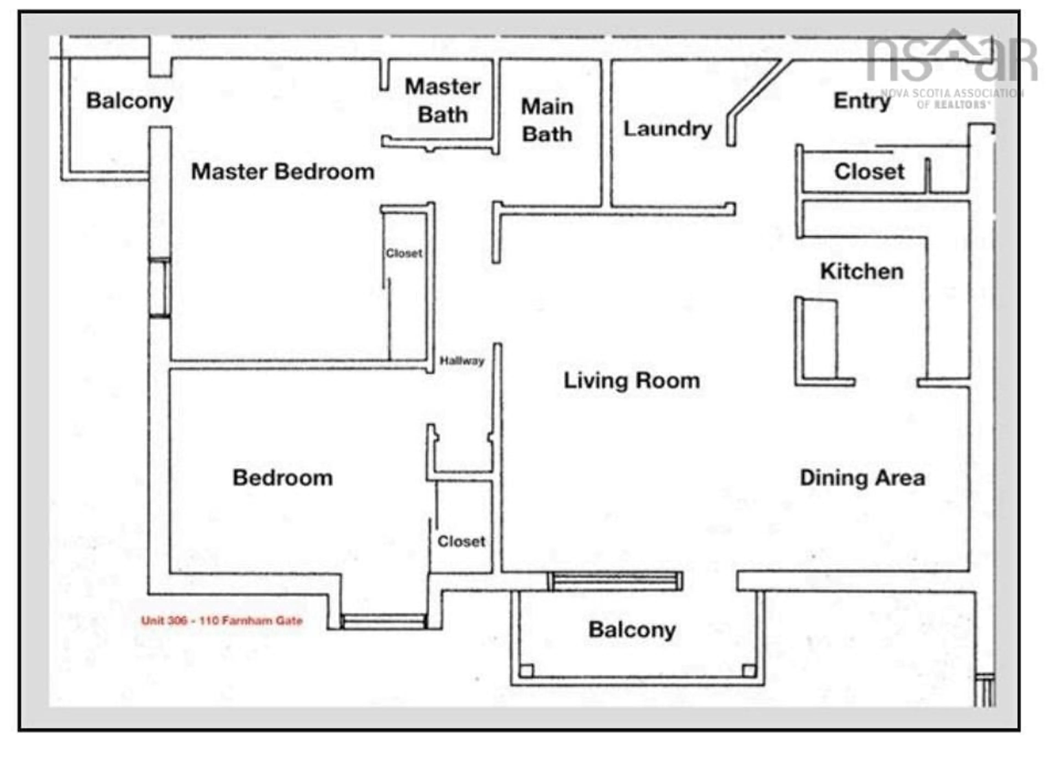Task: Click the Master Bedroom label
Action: (x=283, y=172)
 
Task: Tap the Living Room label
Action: (x=632, y=381)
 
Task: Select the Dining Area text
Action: (x=862, y=478)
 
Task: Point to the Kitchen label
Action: (x=862, y=271)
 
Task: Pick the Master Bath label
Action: (x=442, y=101)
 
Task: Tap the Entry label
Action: (x=862, y=101)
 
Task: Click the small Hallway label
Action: (x=462, y=361)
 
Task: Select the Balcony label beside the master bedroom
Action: (x=130, y=101)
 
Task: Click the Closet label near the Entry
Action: (x=869, y=172)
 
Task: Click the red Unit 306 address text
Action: (x=222, y=620)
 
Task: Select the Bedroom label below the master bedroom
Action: (x=283, y=478)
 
